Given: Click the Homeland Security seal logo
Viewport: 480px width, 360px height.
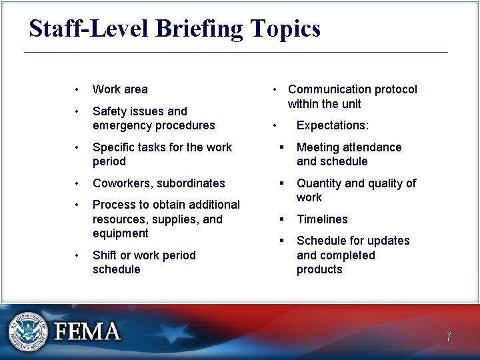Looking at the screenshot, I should click(29, 331).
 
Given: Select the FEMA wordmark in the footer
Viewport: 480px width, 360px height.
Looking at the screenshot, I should click(87, 332).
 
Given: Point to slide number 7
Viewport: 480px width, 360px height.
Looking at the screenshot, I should click(449, 337).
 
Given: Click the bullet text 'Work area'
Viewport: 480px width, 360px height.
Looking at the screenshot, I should click(120, 89).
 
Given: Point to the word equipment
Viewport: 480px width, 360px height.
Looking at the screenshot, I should click(121, 233).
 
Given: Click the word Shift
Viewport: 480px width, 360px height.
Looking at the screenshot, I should click(105, 255).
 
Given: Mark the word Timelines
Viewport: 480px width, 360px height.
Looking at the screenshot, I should click(322, 219).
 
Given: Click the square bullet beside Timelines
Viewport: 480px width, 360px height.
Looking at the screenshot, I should click(282, 219).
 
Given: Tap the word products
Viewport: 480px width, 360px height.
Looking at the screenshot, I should click(319, 269).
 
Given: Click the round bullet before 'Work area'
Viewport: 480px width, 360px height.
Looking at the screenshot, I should click(78, 89).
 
